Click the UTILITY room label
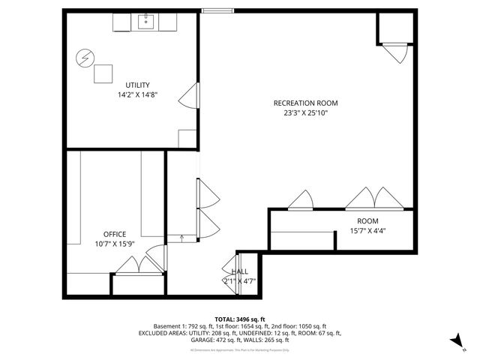point(137,85)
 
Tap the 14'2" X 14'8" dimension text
point(137,95)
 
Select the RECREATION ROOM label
point(305,103)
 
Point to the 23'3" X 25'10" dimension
point(305,113)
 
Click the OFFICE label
point(115,234)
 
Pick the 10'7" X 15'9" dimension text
point(115,244)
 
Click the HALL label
point(239,271)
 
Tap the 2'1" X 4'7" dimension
point(239,281)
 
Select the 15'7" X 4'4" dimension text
point(367,231)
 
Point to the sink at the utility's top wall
point(145,21)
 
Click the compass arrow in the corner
point(454,341)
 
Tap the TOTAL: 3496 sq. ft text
point(240,319)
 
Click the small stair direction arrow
point(181,238)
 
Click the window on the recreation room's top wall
point(217,10)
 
